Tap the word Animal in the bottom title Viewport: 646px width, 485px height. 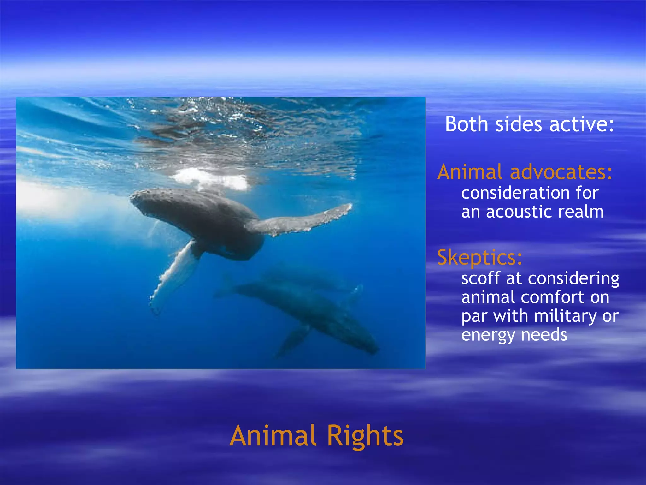pos(273,435)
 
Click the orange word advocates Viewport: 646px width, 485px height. pos(561,172)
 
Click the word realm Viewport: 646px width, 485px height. pos(581,212)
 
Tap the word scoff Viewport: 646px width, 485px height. pos(480,278)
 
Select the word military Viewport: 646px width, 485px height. pos(566,316)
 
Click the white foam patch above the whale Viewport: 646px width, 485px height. pos(211,179)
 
